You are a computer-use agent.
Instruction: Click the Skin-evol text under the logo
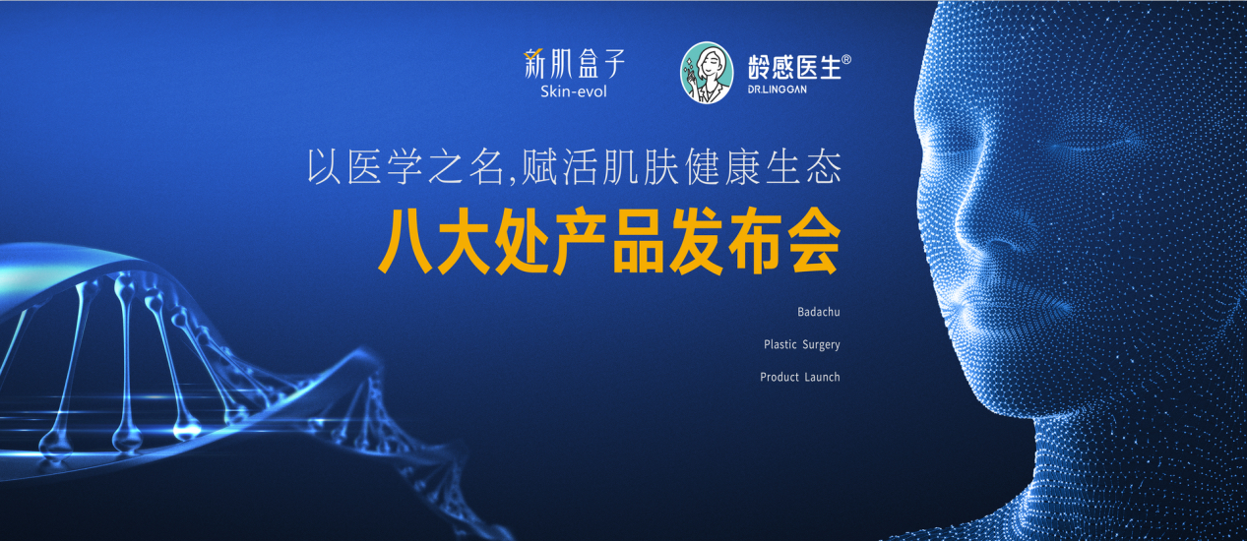click(574, 91)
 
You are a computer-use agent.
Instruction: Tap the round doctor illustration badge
click(706, 73)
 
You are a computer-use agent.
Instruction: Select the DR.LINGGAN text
click(778, 90)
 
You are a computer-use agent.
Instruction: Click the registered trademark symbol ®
click(845, 59)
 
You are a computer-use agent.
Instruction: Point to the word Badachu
click(818, 312)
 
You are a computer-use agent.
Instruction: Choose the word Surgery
click(821, 345)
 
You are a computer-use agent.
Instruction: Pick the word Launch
click(822, 377)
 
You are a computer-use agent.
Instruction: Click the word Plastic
click(779, 344)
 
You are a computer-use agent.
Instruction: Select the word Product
click(779, 377)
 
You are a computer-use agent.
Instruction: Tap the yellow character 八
click(405, 242)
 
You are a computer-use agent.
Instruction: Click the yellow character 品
click(638, 242)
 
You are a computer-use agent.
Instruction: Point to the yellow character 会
click(813, 242)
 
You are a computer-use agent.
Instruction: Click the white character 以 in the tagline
click(324, 167)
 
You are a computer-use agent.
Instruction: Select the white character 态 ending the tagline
click(824, 167)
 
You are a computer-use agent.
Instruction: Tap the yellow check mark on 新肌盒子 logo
click(533, 53)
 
